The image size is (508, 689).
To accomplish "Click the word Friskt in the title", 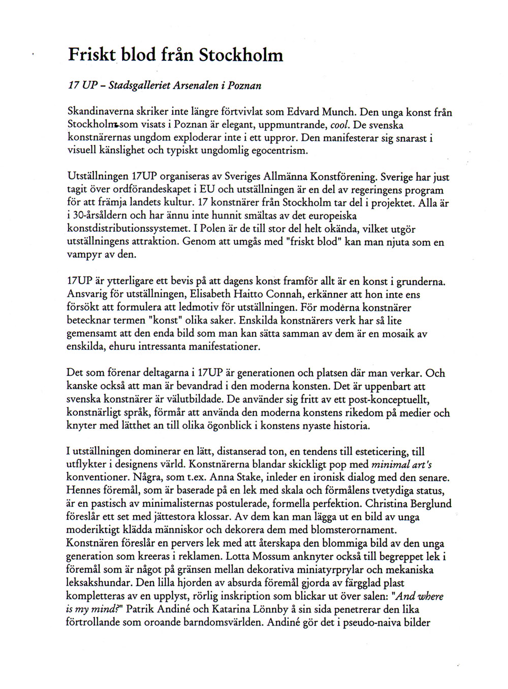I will point(91,54).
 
